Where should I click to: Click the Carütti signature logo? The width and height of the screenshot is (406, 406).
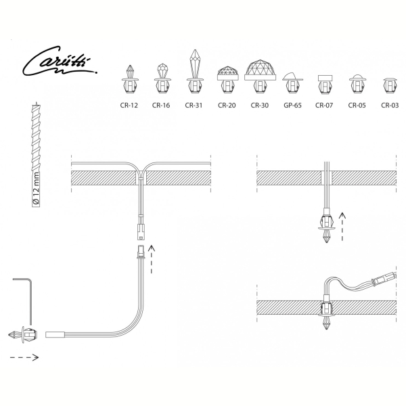click(x=60, y=61)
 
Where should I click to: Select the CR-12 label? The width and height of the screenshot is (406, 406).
click(x=129, y=106)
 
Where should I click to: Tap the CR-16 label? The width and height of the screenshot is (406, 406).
click(x=161, y=106)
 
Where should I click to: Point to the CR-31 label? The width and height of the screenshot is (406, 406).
click(x=194, y=106)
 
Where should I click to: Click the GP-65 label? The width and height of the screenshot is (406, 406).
click(x=292, y=106)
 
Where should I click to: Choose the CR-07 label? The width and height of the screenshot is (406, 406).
click(x=324, y=106)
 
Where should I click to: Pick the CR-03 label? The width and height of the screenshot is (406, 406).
click(x=390, y=106)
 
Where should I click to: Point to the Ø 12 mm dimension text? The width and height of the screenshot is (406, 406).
click(x=36, y=188)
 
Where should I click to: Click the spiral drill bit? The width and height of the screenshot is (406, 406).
click(x=36, y=155)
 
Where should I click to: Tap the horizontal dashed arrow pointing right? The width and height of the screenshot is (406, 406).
click(x=24, y=357)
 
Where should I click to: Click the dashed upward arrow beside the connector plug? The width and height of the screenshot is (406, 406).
click(x=152, y=259)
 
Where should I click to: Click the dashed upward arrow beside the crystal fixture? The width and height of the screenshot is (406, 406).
click(x=342, y=227)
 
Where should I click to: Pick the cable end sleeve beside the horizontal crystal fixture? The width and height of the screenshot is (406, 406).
click(x=55, y=334)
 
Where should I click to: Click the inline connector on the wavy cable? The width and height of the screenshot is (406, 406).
click(x=384, y=279)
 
